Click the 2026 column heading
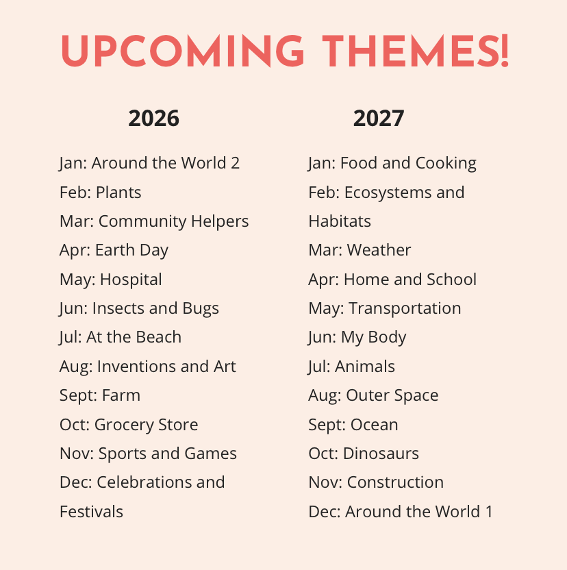[154, 119]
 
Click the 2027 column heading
[379, 119]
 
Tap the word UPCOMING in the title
[182, 51]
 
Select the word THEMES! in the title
[416, 51]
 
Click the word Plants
[118, 193]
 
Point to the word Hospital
[131, 280]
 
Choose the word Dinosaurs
[381, 454]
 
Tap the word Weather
[379, 250]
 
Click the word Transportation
[405, 308]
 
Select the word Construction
[395, 482]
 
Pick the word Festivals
[91, 512]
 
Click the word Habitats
[340, 221]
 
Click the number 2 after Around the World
[235, 163]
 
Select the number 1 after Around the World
[488, 512]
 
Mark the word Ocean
[374, 425]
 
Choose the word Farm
[121, 395]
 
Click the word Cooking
[446, 164]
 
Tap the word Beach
[158, 337]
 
